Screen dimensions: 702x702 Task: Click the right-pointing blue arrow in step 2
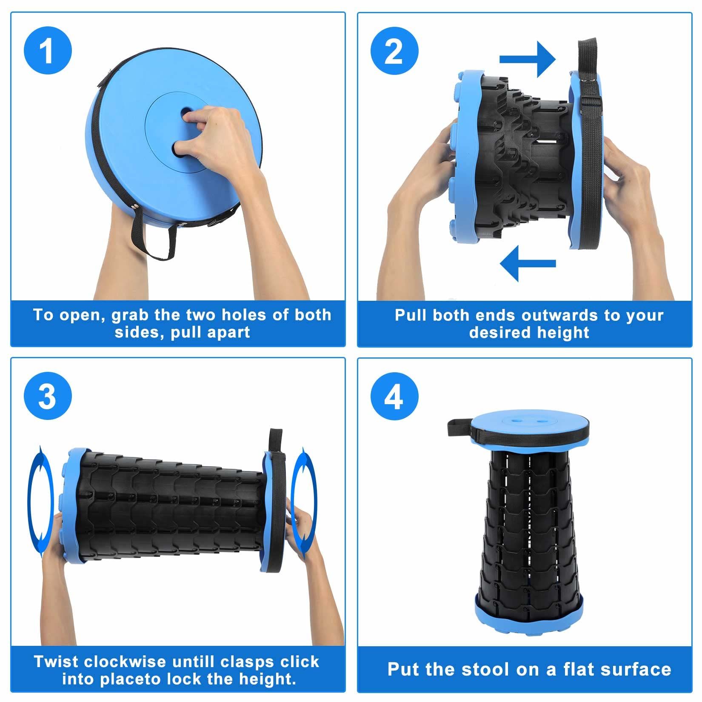(528, 59)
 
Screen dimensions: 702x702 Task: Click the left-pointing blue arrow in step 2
(528, 263)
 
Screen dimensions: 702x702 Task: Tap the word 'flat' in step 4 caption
(582, 669)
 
